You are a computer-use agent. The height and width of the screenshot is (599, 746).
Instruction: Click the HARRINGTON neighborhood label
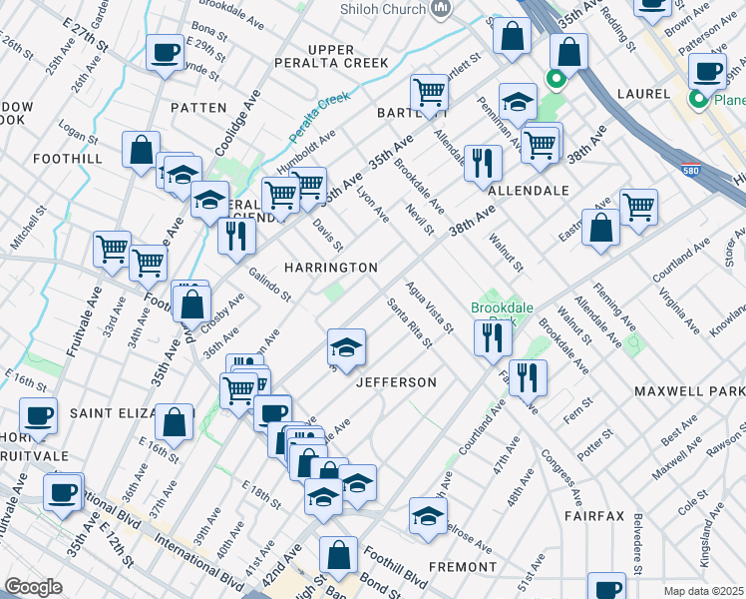(x=330, y=268)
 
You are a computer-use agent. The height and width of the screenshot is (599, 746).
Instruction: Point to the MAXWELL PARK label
(x=689, y=382)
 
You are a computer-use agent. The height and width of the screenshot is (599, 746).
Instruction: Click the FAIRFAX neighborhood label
(x=594, y=516)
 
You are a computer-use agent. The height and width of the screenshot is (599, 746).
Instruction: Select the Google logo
(x=33, y=587)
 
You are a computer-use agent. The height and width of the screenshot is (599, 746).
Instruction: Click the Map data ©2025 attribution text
(x=703, y=591)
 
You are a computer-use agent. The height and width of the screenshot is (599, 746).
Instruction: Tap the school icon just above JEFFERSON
(x=346, y=347)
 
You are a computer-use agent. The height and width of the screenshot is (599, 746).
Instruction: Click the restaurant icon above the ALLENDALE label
(x=483, y=161)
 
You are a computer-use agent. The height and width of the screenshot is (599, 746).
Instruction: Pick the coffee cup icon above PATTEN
(x=165, y=51)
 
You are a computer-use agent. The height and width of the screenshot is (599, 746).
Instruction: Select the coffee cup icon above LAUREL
(x=707, y=70)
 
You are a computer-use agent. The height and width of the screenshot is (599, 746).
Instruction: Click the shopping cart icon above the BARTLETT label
(x=429, y=91)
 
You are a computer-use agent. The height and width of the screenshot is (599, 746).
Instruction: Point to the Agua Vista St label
(x=431, y=305)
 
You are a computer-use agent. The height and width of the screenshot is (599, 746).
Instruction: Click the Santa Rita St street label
(x=410, y=323)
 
